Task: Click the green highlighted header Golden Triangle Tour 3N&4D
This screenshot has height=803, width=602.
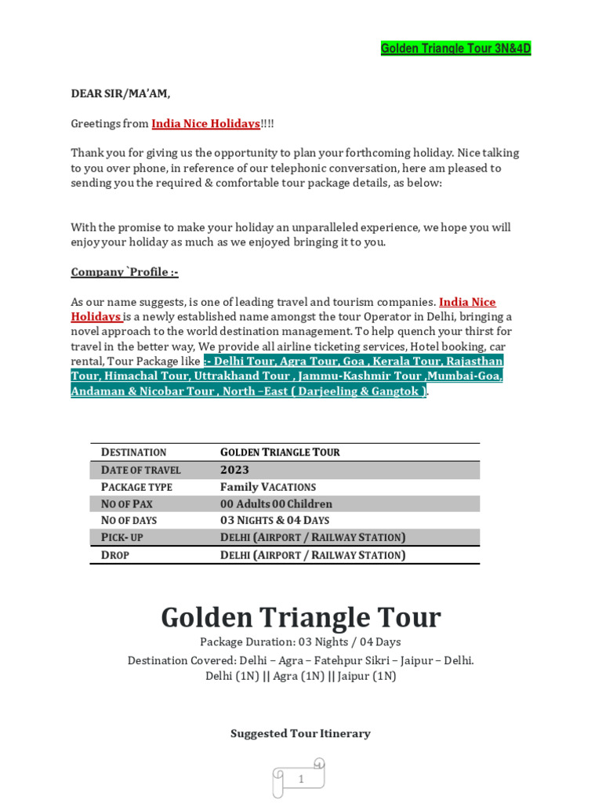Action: pos(455,49)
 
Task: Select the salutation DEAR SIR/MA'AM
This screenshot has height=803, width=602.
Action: pos(120,93)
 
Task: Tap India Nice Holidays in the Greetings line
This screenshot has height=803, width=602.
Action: pos(205,123)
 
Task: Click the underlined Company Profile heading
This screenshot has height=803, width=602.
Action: pos(125,272)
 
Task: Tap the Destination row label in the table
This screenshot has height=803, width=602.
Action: pos(133,452)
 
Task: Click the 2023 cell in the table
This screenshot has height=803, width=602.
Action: pos(234,470)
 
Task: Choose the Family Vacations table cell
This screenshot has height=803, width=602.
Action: pos(267,487)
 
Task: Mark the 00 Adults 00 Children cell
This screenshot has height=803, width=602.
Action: pos(276,503)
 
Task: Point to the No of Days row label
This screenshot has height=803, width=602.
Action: pos(129,521)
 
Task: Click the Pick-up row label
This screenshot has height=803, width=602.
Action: pos(121,538)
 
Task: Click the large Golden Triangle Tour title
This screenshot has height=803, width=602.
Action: pos(301,617)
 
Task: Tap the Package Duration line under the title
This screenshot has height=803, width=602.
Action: pos(301,642)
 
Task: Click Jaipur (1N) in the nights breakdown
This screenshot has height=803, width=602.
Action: pos(365,676)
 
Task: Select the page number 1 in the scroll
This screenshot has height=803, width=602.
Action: pos(301,779)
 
